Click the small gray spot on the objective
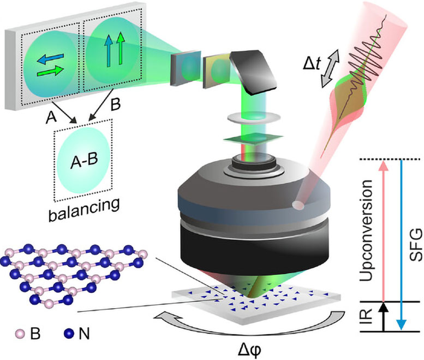pos(297,205)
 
